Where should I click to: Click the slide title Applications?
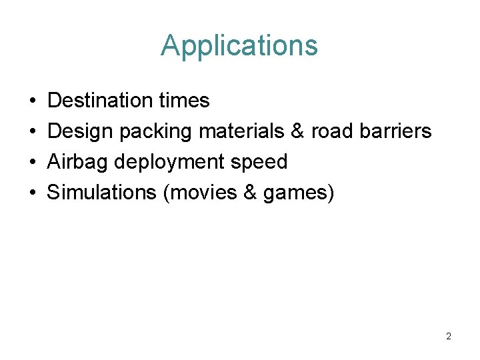point(239,46)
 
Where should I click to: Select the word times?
point(185,101)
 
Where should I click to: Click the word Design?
point(81,131)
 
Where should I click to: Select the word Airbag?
point(78,162)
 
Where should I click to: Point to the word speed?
point(259,163)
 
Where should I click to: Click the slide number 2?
point(449,337)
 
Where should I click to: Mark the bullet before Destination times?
point(33,101)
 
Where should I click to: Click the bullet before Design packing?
point(33,132)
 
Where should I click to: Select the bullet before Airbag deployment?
point(33,163)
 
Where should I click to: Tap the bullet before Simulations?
point(33,193)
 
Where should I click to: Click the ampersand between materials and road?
point(298,131)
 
